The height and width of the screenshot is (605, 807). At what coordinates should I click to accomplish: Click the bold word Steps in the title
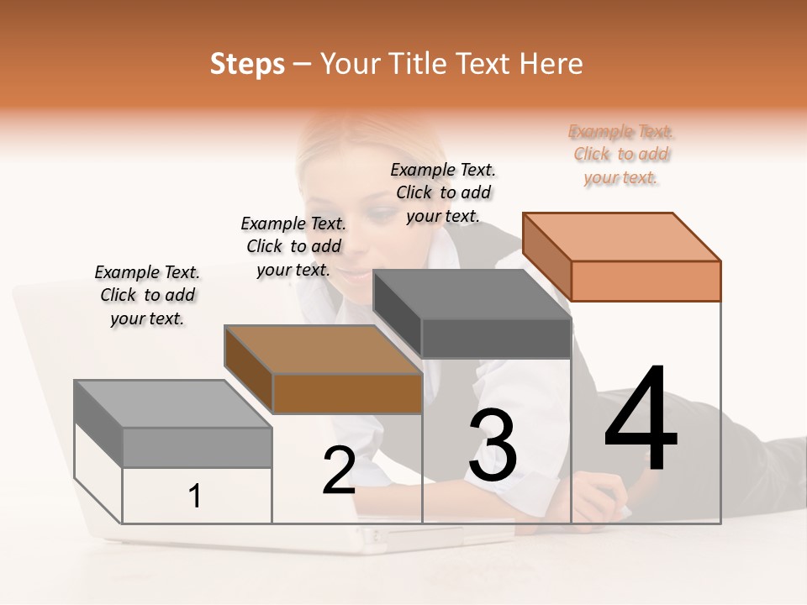point(247,65)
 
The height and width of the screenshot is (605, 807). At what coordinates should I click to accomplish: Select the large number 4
point(641,420)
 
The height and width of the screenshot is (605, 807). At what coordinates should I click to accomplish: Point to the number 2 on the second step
point(340,471)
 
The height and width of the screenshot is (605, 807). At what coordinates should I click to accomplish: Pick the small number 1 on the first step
point(195,497)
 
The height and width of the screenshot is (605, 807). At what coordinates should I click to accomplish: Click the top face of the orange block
point(622,236)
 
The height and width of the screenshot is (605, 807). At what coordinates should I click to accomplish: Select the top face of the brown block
point(323,350)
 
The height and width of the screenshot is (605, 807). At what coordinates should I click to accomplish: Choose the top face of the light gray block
point(173,404)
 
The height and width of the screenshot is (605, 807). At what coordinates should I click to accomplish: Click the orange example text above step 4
point(621,155)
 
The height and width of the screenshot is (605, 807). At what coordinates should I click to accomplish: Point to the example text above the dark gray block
point(443,192)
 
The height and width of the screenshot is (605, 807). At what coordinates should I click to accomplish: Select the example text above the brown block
point(293,246)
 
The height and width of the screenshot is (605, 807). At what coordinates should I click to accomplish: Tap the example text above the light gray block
point(147,295)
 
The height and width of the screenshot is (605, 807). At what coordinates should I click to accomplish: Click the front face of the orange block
point(646,281)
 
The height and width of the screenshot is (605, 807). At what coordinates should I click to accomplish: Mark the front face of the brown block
point(347,393)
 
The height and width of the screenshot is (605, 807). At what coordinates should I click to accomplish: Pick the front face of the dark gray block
point(496,339)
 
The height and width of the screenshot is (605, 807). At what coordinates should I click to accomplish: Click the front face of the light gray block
point(197,448)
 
